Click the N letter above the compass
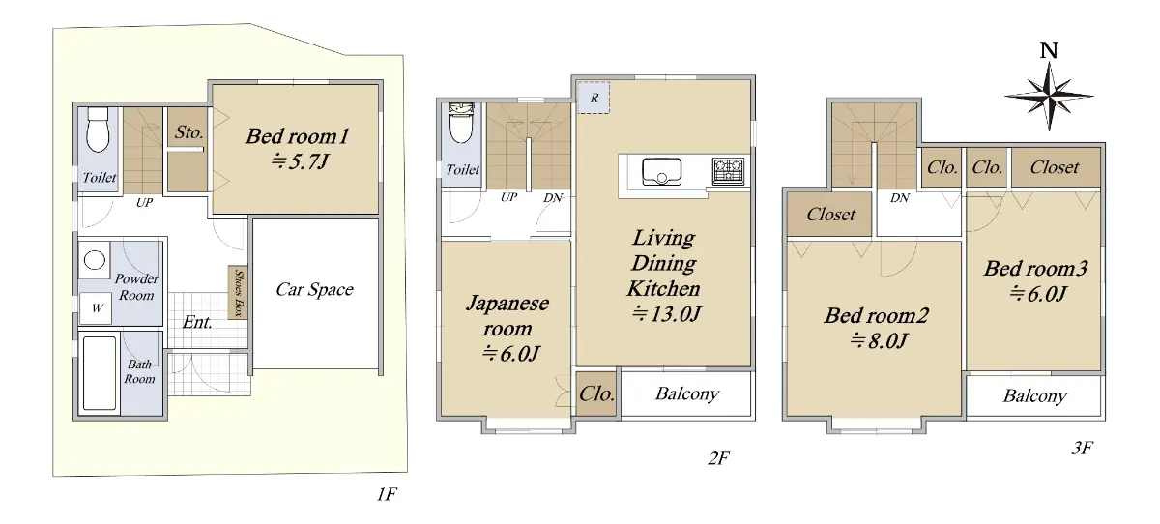click(1049, 50)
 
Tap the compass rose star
click(1049, 96)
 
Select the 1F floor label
click(387, 494)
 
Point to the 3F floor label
click(1082, 448)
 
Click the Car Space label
click(314, 289)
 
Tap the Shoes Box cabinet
click(238, 293)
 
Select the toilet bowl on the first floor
click(98, 130)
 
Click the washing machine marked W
click(96, 308)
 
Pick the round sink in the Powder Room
click(95, 260)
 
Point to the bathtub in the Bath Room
click(100, 373)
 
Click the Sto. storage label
click(189, 132)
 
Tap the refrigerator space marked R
click(594, 98)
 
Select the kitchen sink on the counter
click(662, 172)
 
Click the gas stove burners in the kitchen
click(728, 171)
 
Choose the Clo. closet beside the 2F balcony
click(597, 394)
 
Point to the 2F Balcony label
click(687, 394)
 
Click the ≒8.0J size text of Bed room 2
click(879, 340)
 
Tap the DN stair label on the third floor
click(900, 198)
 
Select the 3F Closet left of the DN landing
click(830, 215)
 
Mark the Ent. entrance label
click(197, 322)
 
